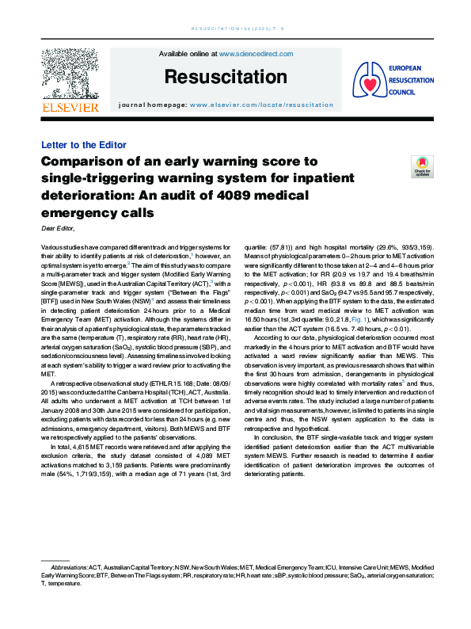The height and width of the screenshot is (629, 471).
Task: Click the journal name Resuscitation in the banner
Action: click(x=226, y=77)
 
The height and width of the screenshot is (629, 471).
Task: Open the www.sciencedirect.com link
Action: click(x=256, y=54)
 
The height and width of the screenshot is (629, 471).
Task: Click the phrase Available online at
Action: click(x=188, y=54)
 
